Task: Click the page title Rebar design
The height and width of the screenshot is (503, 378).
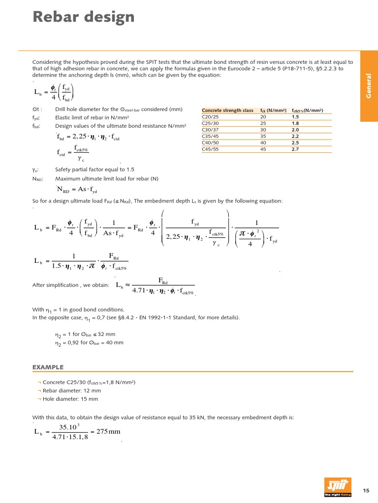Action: pos(83,17)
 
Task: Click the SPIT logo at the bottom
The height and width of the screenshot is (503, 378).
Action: pos(338,487)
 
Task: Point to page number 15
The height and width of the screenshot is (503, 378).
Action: pos(366,490)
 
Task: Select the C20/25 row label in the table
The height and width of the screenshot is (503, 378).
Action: pos(211,117)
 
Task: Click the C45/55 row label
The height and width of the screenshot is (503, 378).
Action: pos(211,149)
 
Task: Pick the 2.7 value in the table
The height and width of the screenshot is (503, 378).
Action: pos(295,149)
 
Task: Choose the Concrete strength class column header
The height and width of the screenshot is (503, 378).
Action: pos(228,111)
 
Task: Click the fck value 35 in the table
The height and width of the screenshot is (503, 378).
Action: pos(263,136)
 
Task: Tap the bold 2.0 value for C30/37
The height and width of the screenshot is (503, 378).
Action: pos(295,130)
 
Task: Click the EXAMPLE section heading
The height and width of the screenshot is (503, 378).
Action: pos(48,367)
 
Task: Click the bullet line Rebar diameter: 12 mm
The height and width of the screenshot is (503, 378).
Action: pos(71,391)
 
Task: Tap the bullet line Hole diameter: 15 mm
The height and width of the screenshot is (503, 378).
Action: pos(70,399)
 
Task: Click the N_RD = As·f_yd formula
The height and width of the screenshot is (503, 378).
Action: pos(77,190)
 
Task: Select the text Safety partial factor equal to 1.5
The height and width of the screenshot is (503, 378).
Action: pos(94,169)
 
